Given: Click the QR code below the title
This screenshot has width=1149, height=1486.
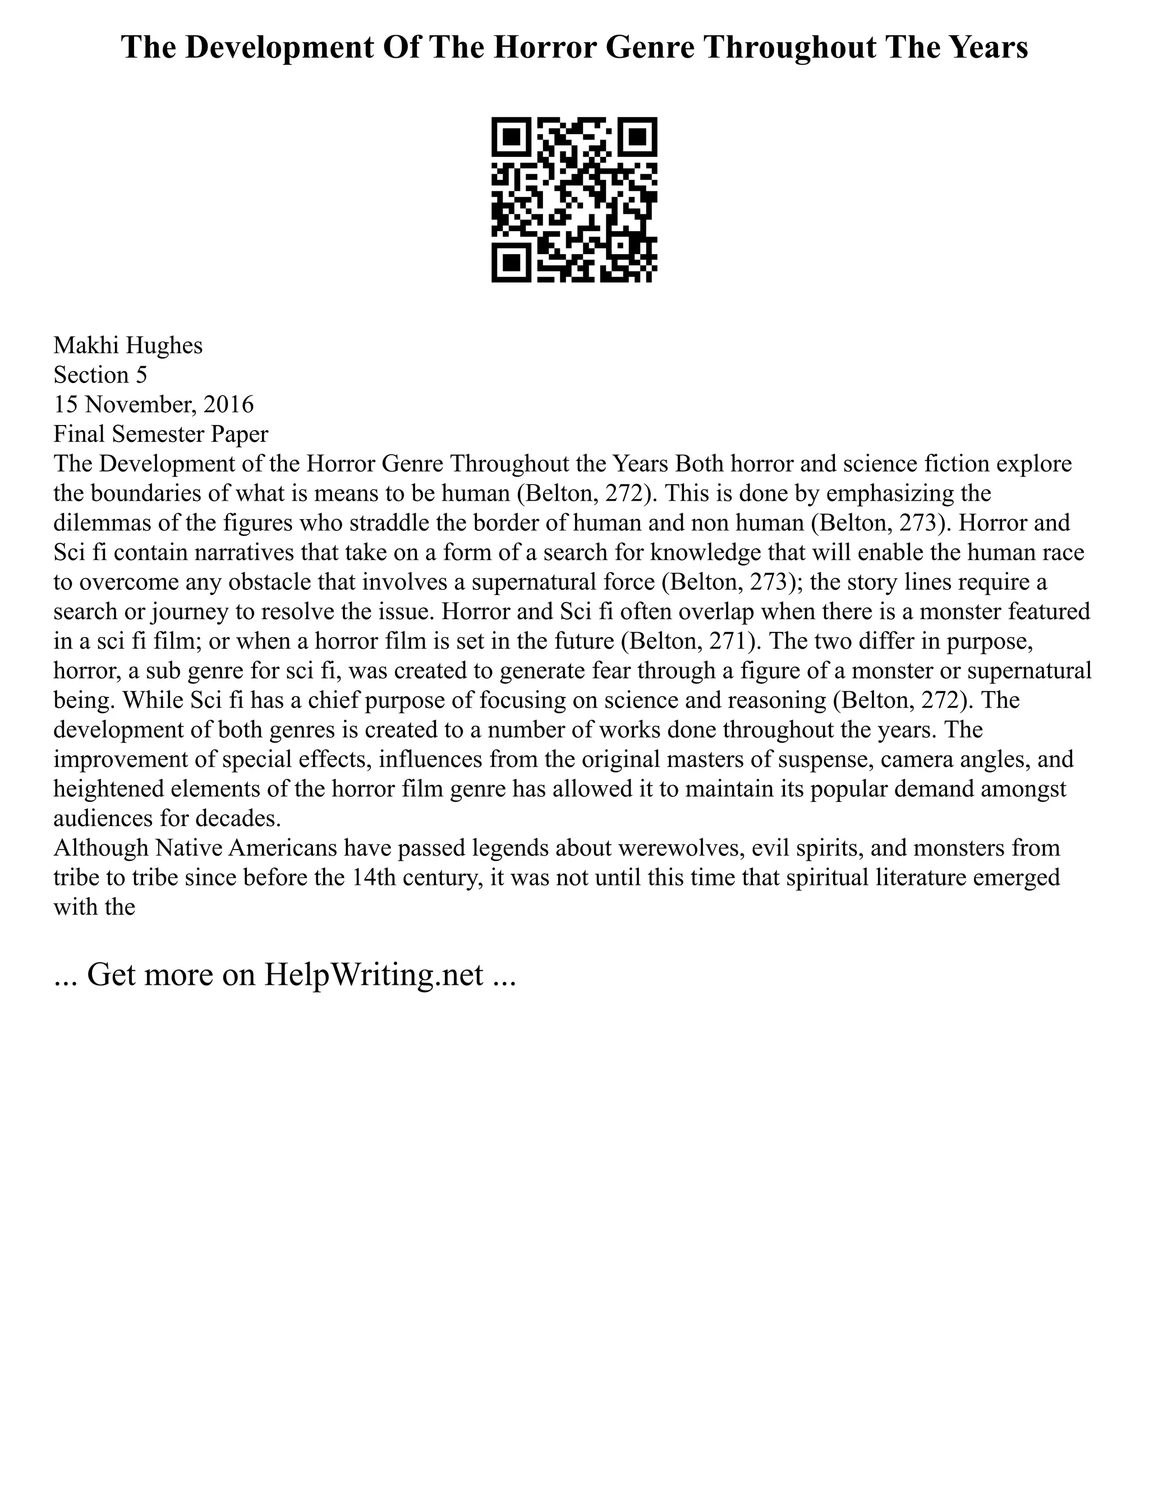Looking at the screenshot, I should pyautogui.click(x=574, y=200).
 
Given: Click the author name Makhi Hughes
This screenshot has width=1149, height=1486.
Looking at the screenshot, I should pyautogui.click(x=128, y=345).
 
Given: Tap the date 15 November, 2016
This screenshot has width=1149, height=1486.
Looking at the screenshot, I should pyautogui.click(x=153, y=404).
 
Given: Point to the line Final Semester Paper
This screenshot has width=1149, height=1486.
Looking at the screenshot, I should pyautogui.click(x=160, y=433).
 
